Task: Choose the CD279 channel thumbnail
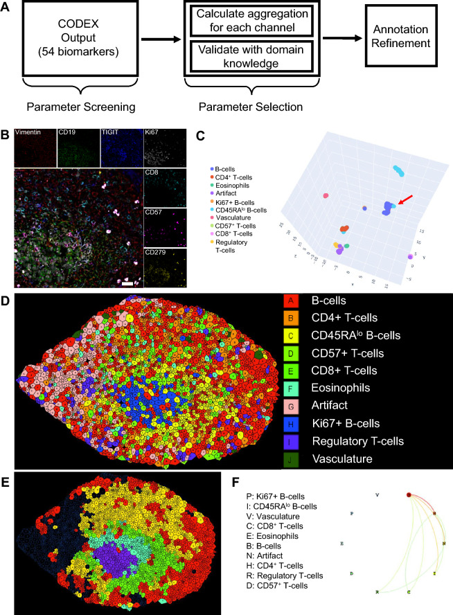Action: (164, 267)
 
